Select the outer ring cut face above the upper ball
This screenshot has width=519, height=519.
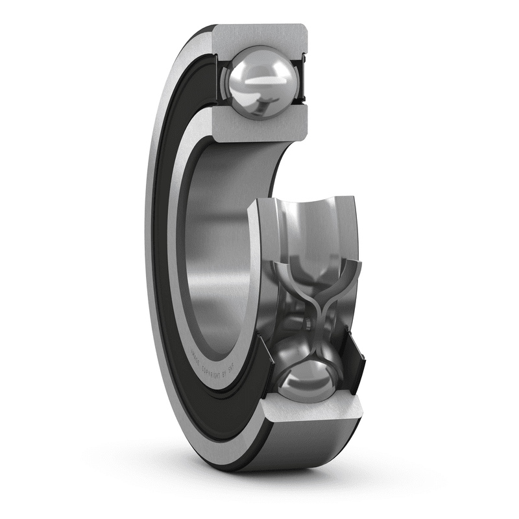[259, 35]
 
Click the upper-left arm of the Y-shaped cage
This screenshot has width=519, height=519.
[285, 272]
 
